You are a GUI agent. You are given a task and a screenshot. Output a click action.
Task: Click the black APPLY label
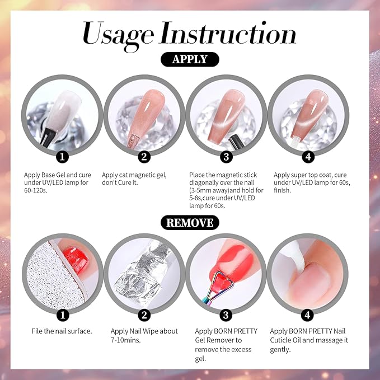(190, 59)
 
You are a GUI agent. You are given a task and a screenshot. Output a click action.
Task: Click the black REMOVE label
(190, 223)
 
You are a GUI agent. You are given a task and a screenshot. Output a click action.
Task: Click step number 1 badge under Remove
(64, 316)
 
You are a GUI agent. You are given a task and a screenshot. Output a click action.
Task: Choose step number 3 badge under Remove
(225, 316)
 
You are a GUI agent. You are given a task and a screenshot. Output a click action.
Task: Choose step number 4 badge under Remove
(307, 316)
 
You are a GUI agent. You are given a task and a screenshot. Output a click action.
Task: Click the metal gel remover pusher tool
(215, 288)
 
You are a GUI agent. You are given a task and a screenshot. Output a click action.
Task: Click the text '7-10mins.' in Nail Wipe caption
(126, 340)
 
